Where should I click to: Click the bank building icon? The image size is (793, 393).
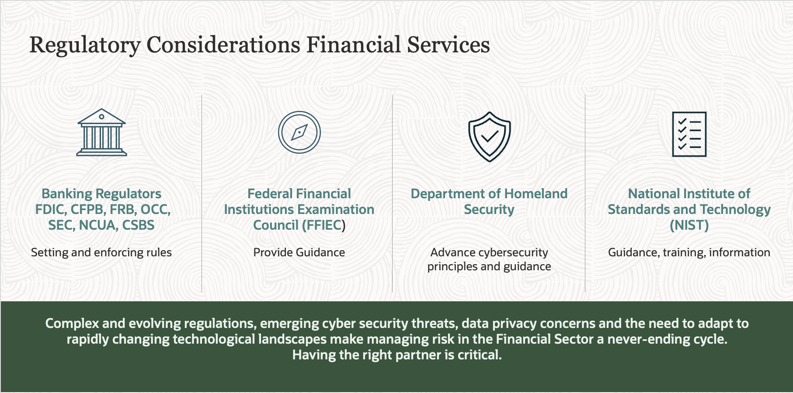pos(101,132)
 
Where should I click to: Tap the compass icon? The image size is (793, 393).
pos(299,132)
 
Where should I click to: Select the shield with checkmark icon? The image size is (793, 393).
pos(489,136)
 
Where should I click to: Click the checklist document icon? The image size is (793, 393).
pos(689,134)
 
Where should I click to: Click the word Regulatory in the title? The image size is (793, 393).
pos(85,45)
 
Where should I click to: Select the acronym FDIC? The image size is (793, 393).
pos(50,210)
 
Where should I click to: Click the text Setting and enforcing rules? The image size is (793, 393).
pos(101,252)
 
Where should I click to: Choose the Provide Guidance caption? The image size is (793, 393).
pos(299,252)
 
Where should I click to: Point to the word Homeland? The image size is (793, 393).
pos(536,194)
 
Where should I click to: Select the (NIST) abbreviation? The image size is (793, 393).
pos(689,225)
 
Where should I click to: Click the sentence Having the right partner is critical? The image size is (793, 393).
pos(397,355)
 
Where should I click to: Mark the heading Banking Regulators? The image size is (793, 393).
pos(101,194)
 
